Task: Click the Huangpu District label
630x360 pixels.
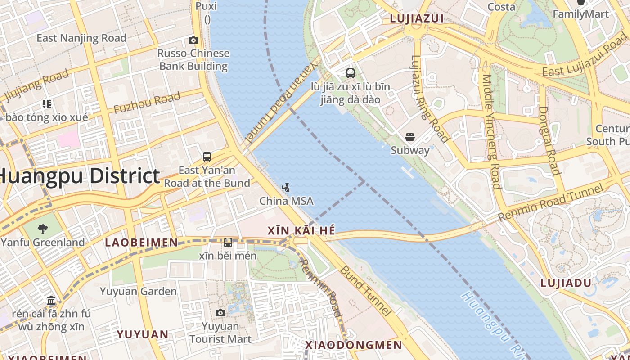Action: tap(79, 176)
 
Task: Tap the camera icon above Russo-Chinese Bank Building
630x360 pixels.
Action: tap(193, 40)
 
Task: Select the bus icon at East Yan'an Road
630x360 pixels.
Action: tap(207, 157)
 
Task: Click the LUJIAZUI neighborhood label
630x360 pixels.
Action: tap(417, 18)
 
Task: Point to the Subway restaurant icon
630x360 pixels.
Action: tap(410, 137)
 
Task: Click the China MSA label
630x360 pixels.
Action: tap(286, 201)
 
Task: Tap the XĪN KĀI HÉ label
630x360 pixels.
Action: tap(301, 231)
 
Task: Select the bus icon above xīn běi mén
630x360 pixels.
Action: tap(228, 243)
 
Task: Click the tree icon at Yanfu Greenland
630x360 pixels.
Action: tap(43, 229)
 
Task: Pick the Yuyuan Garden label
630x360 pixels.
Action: tap(138, 291)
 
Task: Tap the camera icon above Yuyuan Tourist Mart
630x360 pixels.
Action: tap(220, 313)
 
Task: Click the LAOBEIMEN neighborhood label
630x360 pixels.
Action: tap(141, 243)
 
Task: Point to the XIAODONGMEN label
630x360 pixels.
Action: tap(353, 345)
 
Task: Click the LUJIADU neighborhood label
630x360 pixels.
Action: tap(565, 283)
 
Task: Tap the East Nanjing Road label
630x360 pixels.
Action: tap(81, 38)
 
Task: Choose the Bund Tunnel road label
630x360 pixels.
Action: tap(364, 290)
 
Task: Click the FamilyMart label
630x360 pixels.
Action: tap(580, 14)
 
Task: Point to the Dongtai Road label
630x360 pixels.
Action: tap(549, 140)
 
